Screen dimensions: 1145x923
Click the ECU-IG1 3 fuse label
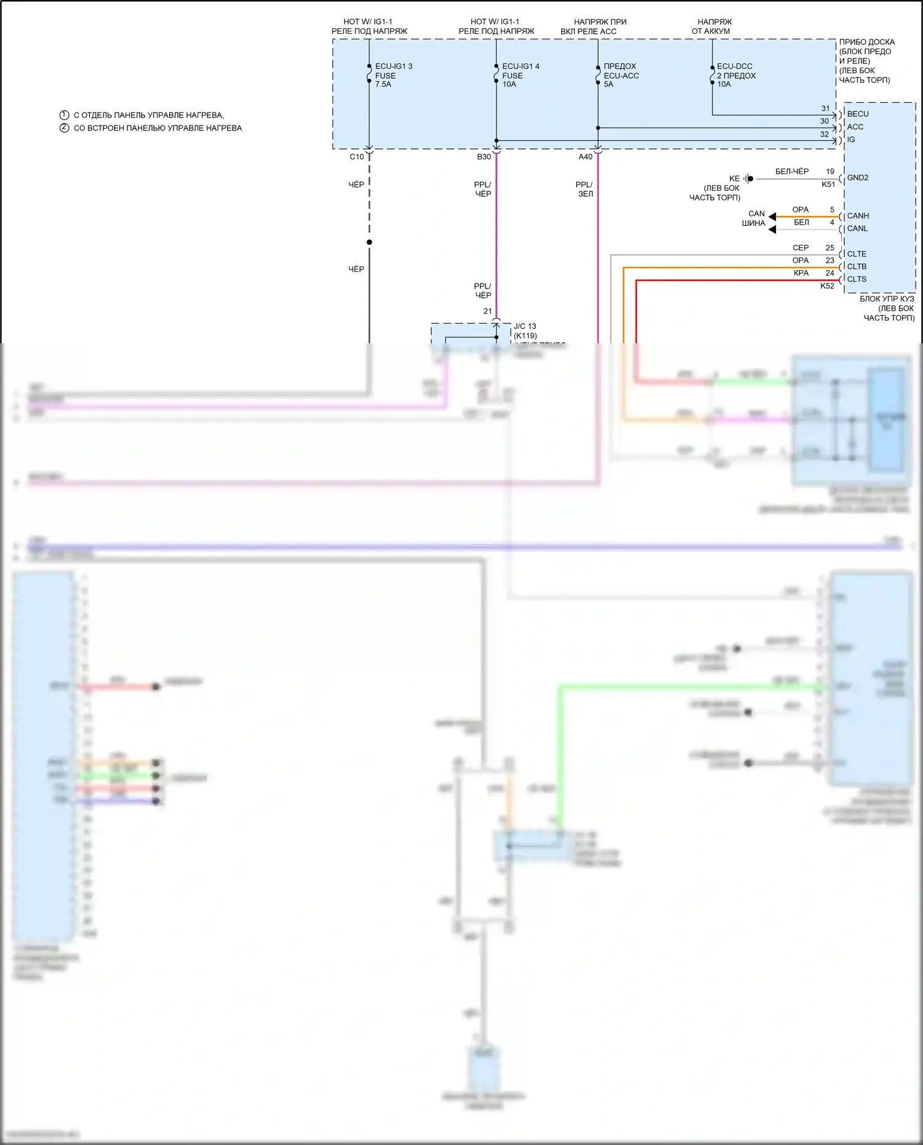[x=393, y=75]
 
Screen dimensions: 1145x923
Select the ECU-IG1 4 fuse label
[x=520, y=75]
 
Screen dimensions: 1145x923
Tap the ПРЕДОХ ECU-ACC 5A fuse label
[x=620, y=75]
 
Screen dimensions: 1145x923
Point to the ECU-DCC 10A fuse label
[x=735, y=75]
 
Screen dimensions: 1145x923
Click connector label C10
[x=357, y=157]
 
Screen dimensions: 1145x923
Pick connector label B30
[x=484, y=157]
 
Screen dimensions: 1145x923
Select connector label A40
[x=585, y=157]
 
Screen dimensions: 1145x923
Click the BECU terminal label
[x=858, y=114]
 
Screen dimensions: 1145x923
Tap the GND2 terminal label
[x=858, y=178]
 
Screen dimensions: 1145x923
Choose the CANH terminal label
[x=858, y=216]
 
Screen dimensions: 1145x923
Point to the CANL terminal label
[x=857, y=228]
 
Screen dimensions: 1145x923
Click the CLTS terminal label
[x=857, y=279]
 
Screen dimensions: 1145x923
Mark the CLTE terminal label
[x=857, y=253]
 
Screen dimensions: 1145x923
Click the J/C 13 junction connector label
[x=525, y=326]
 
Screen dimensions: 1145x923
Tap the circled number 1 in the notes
[x=64, y=115]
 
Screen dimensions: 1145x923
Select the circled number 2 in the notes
[x=64, y=128]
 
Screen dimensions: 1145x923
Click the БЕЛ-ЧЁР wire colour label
[x=792, y=172]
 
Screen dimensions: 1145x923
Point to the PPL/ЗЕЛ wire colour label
[x=585, y=189]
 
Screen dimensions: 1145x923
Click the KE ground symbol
[x=748, y=178]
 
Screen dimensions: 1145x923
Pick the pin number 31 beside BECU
[x=826, y=108]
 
